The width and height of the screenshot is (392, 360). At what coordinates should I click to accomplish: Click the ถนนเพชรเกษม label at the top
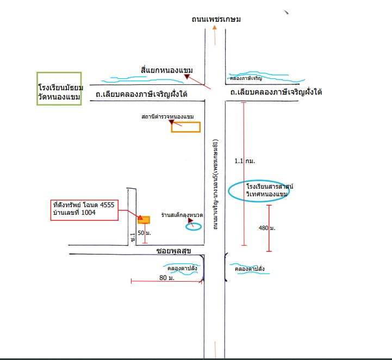pyautogui.click(x=216, y=19)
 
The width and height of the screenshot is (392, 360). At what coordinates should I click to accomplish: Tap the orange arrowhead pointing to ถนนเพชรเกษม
pyautogui.click(x=215, y=27)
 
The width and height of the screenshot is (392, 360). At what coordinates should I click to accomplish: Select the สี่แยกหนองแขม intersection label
pyautogui.click(x=167, y=70)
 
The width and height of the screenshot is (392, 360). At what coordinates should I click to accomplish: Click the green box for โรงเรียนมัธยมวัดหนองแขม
pyautogui.click(x=38, y=89)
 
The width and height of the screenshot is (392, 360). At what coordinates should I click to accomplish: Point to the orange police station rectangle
pyautogui.click(x=186, y=122)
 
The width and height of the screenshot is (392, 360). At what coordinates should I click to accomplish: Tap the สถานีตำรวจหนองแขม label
pyautogui.click(x=167, y=116)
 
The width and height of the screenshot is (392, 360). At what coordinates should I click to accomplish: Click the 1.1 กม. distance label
pyautogui.click(x=245, y=161)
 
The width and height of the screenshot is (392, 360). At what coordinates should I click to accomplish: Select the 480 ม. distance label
pyautogui.click(x=267, y=228)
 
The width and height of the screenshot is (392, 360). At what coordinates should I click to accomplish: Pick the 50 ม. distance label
pyautogui.click(x=144, y=233)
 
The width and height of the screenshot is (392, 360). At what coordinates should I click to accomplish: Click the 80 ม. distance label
pyautogui.click(x=167, y=278)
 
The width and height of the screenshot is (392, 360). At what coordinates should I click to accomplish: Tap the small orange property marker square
pyautogui.click(x=144, y=220)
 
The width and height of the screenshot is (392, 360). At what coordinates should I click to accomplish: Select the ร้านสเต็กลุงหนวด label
pyautogui.click(x=182, y=215)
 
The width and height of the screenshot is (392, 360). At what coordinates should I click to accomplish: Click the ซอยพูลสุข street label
pyautogui.click(x=174, y=251)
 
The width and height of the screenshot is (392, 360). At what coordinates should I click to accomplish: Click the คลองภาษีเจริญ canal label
pyautogui.click(x=246, y=78)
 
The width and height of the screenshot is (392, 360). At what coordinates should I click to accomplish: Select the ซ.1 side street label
pyautogui.click(x=133, y=237)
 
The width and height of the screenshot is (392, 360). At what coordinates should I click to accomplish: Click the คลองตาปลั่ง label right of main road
pyautogui.click(x=250, y=269)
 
